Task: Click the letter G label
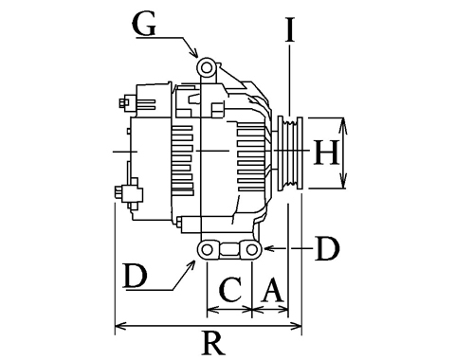[x=144, y=25]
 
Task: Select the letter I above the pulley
[x=290, y=29]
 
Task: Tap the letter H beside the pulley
[x=326, y=153]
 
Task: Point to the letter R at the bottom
[x=214, y=344]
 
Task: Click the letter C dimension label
[x=231, y=290]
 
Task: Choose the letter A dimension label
[x=271, y=290]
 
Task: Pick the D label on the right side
[x=328, y=249]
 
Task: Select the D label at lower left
[x=136, y=276]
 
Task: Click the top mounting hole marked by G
[x=207, y=67]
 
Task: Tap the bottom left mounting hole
[x=207, y=250]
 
